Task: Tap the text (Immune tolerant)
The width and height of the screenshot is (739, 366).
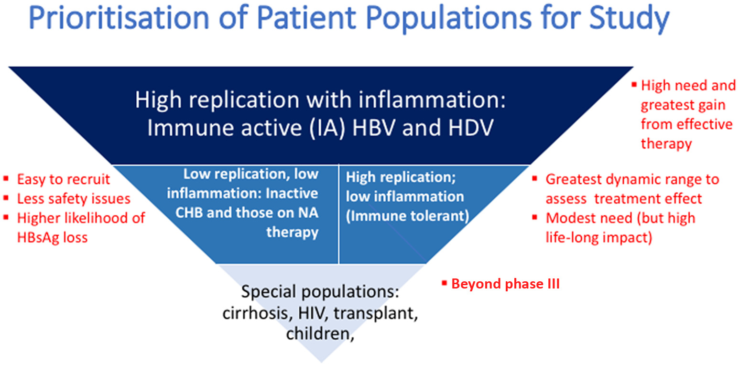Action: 407,216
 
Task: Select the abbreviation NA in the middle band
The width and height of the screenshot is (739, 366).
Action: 308,213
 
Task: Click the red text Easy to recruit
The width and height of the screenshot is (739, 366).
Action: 64,179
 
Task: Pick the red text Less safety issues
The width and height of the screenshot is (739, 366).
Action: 74,199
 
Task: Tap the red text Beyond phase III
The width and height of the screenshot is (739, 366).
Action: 505,284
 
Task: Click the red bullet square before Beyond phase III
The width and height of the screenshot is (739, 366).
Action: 444,283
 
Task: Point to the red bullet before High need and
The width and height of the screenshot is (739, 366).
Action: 634,85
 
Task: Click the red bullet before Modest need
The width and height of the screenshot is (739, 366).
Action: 534,217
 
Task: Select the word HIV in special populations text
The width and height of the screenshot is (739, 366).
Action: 312,313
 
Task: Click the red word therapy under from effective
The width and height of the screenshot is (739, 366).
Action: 666,144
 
